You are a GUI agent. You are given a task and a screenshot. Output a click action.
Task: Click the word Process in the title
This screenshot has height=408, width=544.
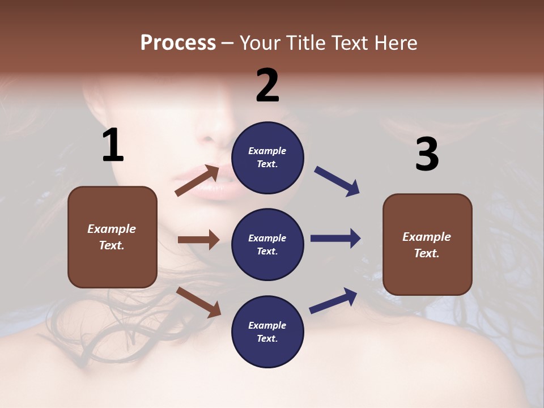click(x=178, y=42)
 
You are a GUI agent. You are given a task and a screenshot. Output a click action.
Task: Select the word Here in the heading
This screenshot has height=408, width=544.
click(x=395, y=42)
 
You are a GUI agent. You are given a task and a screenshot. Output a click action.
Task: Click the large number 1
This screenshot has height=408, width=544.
click(x=113, y=146)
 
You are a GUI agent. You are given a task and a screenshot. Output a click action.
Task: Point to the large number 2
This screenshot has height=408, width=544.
click(x=267, y=86)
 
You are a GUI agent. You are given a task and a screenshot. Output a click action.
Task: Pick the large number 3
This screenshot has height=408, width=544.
click(x=427, y=155)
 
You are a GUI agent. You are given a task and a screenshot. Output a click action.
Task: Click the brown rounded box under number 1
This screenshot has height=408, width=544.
click(x=112, y=237)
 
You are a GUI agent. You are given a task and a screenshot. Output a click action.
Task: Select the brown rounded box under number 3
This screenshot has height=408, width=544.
click(x=427, y=244)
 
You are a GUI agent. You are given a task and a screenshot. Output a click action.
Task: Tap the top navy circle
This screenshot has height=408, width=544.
click(x=267, y=158)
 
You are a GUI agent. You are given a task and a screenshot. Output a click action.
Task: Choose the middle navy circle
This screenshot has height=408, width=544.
click(x=267, y=244)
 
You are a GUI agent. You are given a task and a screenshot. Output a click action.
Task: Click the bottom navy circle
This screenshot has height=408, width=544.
click(x=267, y=331)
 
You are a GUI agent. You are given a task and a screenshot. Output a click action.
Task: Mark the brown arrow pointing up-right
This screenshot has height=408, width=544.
click(x=197, y=180)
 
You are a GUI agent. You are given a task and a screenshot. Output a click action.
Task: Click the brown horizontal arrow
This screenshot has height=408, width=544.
click(x=198, y=240)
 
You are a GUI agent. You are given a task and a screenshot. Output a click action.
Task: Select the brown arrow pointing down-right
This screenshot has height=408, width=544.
click(x=198, y=301)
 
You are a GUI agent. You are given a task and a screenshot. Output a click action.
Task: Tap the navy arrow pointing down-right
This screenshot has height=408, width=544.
click(x=337, y=181)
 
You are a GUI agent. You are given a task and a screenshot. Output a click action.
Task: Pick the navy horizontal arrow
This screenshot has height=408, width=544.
click(x=335, y=239)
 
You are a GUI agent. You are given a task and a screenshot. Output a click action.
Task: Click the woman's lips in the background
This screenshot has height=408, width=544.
click(x=216, y=184)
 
